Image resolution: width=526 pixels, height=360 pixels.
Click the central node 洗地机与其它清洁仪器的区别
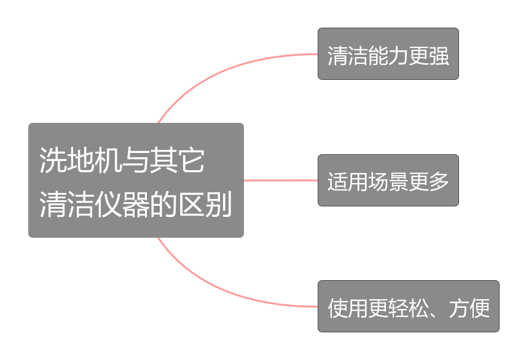[x=136, y=180]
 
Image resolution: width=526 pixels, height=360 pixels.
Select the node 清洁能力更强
[x=388, y=54]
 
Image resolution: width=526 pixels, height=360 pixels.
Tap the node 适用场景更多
[x=388, y=181]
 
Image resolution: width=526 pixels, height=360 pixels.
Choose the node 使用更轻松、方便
[x=408, y=307]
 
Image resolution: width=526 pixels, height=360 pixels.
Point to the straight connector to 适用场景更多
[x=280, y=181]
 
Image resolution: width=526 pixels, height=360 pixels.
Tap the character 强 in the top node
[x=439, y=55]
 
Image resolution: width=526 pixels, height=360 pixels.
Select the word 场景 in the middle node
[x=388, y=182]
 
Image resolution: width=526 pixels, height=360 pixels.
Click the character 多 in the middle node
[x=439, y=182]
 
